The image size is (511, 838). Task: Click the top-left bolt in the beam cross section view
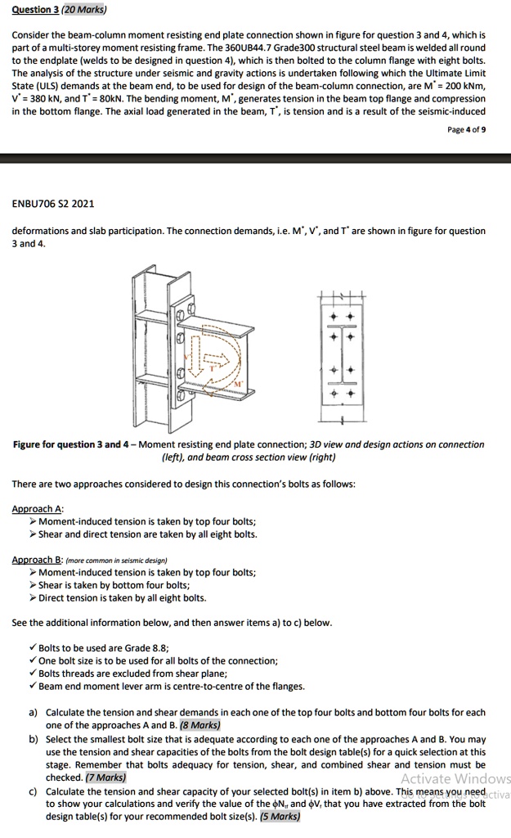coord(333,314)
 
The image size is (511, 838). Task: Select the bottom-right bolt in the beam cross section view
coord(352,394)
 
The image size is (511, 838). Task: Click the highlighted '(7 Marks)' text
coord(103,777)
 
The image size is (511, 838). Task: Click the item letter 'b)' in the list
coord(34,739)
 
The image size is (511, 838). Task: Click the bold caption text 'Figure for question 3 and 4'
coord(74,444)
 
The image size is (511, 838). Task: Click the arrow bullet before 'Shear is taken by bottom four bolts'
coord(33,586)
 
